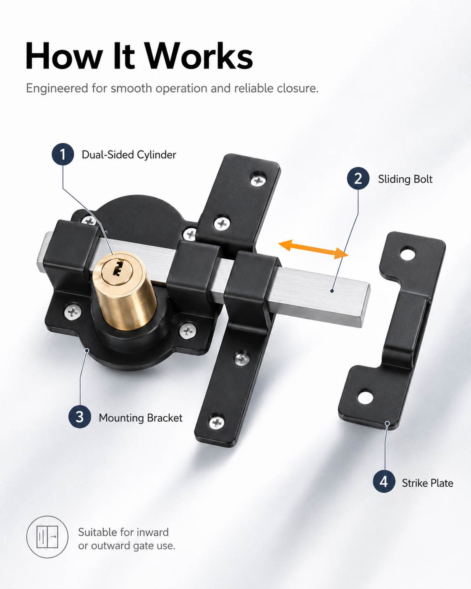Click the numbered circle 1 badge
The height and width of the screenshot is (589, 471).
coord(63,154)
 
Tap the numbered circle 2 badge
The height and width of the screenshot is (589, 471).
coord(358,179)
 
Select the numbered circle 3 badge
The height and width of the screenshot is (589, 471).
coord(80,417)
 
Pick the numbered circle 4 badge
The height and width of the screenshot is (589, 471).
coord(384,482)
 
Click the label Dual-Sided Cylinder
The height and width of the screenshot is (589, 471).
coord(129,155)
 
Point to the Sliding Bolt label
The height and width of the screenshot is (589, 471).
coord(405,179)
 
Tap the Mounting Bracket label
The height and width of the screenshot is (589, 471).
coord(140,418)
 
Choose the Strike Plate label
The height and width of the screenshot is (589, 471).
coord(427,483)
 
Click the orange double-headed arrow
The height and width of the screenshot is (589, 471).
coord(313,250)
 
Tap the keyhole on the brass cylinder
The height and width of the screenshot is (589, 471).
coord(118,268)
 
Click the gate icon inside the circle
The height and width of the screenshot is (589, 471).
coord(47,537)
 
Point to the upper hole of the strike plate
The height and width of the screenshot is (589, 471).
coord(408,253)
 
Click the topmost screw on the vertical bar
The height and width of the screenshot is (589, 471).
coord(258,180)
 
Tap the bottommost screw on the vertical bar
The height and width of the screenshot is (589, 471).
coord(217,422)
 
